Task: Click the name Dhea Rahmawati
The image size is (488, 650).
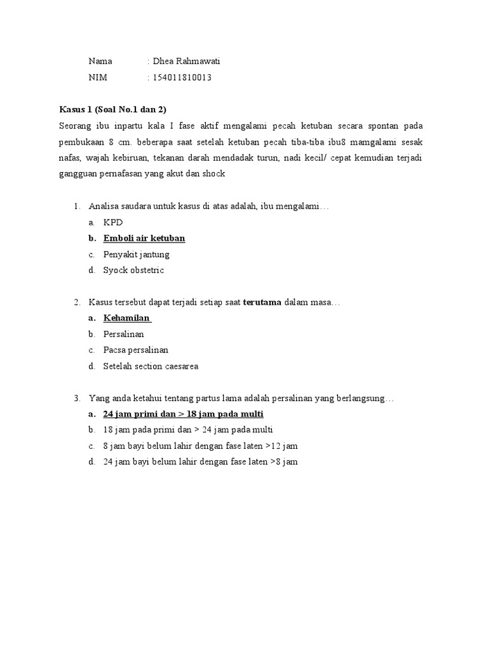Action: point(186,62)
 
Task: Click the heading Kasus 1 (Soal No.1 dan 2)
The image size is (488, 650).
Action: point(112,109)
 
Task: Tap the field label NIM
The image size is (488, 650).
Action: point(98,77)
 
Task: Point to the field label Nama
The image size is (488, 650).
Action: point(100,62)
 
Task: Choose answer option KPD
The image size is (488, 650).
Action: point(113,223)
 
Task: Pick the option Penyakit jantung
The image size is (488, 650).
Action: point(137,255)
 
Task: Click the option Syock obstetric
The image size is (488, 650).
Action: point(133,270)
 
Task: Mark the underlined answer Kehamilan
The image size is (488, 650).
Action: point(127,318)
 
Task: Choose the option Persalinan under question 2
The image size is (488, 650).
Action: point(124,334)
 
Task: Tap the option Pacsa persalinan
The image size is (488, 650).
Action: point(136,350)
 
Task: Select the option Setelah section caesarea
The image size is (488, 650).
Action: point(151,366)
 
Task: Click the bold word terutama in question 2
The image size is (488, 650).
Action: point(262,302)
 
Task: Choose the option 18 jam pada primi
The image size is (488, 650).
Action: point(188,430)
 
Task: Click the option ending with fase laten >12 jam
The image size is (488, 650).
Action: point(201,446)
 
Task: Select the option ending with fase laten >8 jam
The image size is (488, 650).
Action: point(201,461)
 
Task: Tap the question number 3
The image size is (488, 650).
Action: point(77,398)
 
